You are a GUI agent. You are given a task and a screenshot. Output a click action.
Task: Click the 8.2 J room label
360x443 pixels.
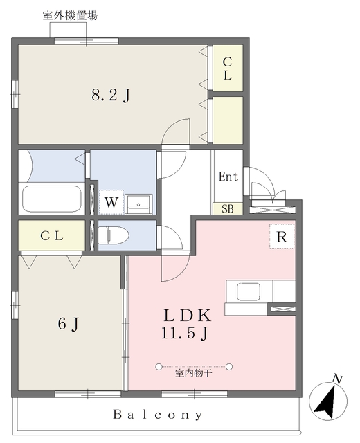[111, 96]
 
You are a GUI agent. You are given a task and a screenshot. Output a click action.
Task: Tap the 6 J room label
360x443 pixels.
[69, 324]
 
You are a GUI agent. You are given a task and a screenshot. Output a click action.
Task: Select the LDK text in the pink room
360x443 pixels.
[188, 316]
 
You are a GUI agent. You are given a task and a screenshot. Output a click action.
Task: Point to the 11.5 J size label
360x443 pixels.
[185, 333]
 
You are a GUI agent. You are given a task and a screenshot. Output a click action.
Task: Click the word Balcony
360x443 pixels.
[158, 415]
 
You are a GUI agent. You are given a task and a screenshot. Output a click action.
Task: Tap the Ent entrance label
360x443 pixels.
[228, 177]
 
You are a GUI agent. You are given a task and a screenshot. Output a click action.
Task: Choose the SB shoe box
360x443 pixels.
[228, 208]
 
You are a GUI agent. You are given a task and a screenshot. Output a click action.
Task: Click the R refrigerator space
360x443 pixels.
[282, 237]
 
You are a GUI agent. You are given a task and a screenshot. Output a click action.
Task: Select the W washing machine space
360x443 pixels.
[111, 201]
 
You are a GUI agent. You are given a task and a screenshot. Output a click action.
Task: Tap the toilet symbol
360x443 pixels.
[114, 235]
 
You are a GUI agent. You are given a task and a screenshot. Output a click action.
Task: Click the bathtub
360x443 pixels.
[52, 199]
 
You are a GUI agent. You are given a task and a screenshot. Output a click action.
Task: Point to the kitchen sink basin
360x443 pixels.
[249, 291]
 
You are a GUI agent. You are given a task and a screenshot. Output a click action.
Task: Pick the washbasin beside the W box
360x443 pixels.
[138, 204]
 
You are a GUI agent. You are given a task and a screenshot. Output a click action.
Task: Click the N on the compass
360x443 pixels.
[337, 379]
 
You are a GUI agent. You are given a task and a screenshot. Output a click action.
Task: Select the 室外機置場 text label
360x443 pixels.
[70, 15]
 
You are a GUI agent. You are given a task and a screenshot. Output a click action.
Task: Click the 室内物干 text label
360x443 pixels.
[194, 373]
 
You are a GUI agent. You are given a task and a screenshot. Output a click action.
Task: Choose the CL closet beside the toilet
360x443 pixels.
[52, 235]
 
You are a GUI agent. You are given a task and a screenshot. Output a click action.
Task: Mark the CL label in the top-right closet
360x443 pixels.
[228, 69]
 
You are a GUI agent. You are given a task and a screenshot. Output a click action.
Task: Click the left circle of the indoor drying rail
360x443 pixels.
[159, 367]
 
